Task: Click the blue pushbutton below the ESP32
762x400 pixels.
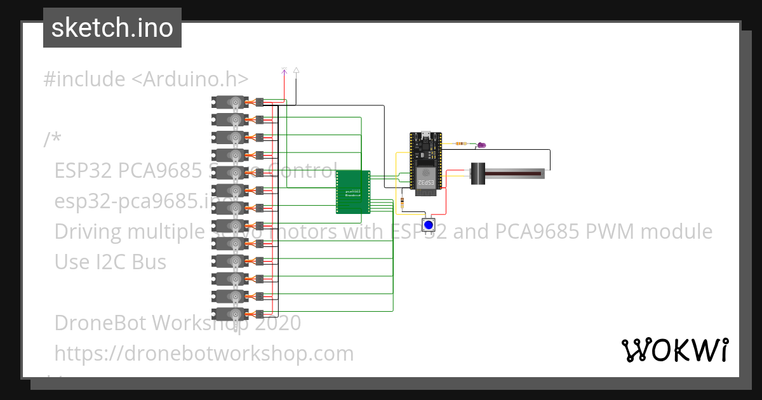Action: [x=429, y=225]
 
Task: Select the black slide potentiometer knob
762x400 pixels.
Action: [x=478, y=173]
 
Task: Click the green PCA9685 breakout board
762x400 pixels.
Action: [x=352, y=192]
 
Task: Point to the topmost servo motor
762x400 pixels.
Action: [x=230, y=102]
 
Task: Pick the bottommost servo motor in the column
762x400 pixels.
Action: [x=230, y=314]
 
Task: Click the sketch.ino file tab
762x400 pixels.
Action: [x=112, y=28]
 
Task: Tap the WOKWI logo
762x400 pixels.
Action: [x=674, y=350]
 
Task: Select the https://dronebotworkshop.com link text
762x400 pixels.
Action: [x=204, y=353]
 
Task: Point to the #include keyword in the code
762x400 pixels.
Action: [x=84, y=79]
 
